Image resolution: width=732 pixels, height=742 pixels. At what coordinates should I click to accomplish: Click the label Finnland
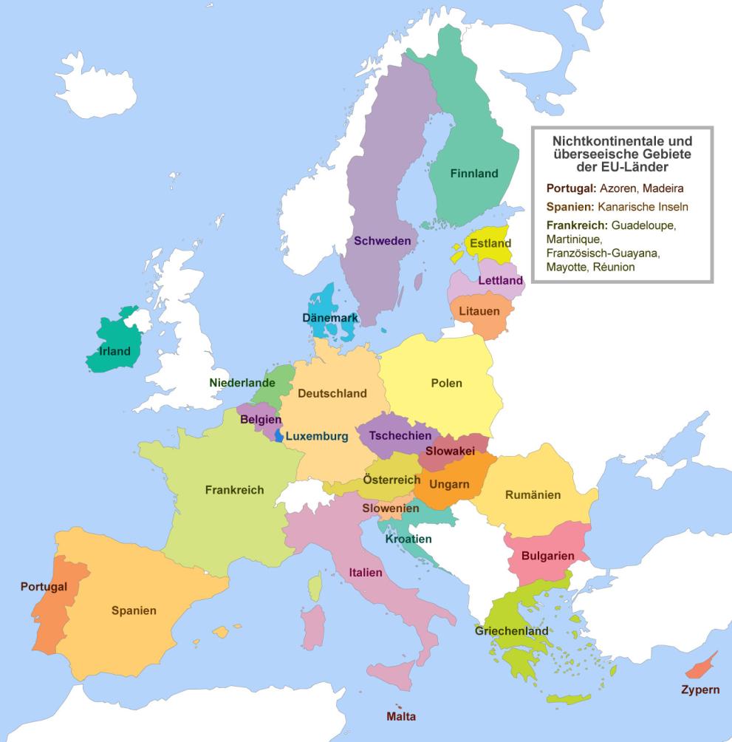[474, 174]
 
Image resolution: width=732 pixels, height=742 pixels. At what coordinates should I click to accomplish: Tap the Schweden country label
[382, 240]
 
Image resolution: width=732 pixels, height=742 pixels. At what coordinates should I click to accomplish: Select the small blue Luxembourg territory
[278, 436]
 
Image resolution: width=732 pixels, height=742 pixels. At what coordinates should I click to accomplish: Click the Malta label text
[401, 716]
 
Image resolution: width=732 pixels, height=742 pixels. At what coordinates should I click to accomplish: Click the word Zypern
[700, 690]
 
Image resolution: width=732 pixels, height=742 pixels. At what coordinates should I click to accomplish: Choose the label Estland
[490, 243]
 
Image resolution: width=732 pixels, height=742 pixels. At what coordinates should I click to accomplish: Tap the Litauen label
[479, 311]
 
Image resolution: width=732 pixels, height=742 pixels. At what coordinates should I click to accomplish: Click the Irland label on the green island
[114, 351]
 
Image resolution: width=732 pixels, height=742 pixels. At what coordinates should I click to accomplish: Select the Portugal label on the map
[44, 586]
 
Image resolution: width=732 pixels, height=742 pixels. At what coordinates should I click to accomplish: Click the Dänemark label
[330, 318]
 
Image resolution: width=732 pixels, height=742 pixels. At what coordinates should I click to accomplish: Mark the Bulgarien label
[547, 555]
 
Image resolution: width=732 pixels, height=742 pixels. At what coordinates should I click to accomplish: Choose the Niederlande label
[242, 383]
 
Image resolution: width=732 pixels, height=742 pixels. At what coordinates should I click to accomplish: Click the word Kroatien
[408, 539]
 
